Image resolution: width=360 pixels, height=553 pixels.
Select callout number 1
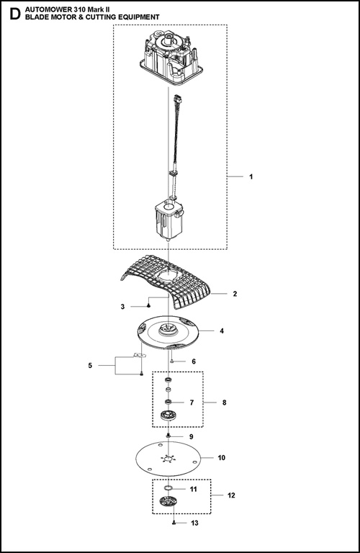tap(250, 176)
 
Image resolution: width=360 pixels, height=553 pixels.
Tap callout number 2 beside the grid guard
tap(235, 294)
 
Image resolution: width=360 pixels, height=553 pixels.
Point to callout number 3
tap(122, 306)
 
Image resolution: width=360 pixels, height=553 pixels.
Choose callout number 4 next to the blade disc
tap(221, 331)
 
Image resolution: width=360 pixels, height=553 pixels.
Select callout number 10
tap(221, 457)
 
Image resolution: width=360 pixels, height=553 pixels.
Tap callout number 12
tap(230, 495)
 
